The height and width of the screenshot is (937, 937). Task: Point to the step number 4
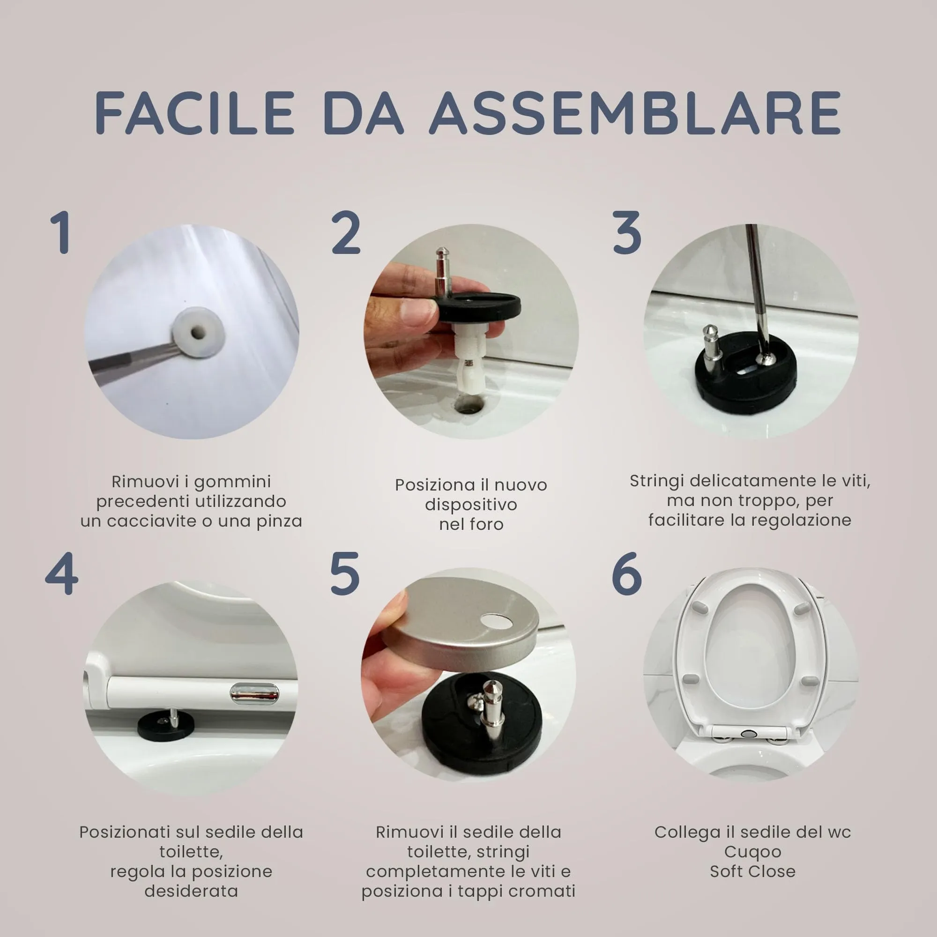[x=61, y=574]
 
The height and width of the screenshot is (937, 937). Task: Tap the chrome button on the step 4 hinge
[x=254, y=693]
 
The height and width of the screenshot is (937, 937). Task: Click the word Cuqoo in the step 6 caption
[x=752, y=852]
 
